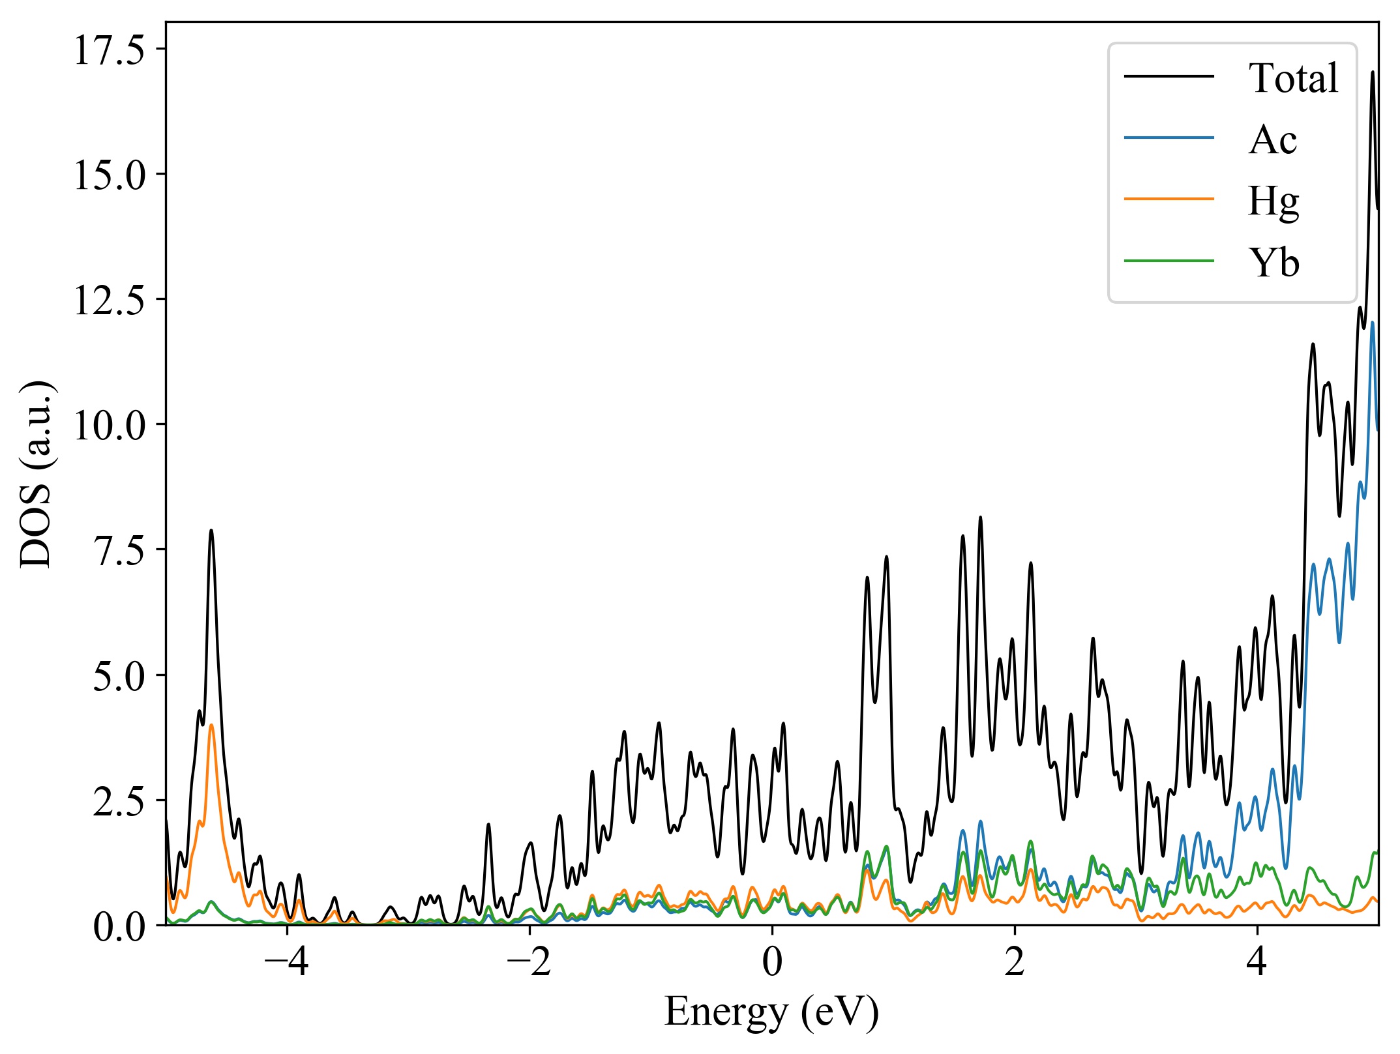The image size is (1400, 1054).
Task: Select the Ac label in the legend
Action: [1272, 139]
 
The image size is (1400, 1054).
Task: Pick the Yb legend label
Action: [1273, 263]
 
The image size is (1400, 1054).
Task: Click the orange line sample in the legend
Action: [1169, 198]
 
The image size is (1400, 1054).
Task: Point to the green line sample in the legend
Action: [1169, 261]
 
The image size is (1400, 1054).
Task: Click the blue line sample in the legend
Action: [1169, 138]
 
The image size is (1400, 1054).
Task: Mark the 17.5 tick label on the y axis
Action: [109, 50]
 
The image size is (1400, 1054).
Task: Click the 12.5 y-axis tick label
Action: [109, 300]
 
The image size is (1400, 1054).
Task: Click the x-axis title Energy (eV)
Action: [772, 1012]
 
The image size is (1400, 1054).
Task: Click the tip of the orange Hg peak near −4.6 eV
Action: [211, 725]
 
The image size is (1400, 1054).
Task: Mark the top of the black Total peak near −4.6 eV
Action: [211, 531]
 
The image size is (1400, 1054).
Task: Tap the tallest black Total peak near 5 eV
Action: [1373, 72]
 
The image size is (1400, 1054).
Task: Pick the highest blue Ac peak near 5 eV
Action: [1373, 322]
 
